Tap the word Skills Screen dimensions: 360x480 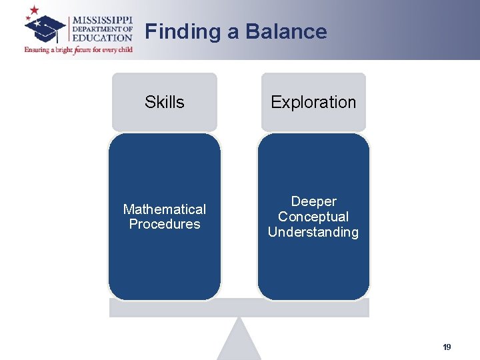pyautogui.click(x=165, y=102)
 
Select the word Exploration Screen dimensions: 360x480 pyautogui.click(x=313, y=102)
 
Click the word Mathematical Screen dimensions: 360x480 pyautogui.click(x=165, y=209)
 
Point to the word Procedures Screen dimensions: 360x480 pyautogui.click(x=165, y=224)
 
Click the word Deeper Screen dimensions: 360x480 pyautogui.click(x=313, y=201)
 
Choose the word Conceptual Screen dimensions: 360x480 pyautogui.click(x=313, y=217)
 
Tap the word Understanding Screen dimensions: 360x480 pyautogui.click(x=313, y=232)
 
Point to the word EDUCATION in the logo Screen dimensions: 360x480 pyautogui.click(x=102, y=38)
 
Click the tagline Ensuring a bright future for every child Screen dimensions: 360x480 pyautogui.click(x=79, y=50)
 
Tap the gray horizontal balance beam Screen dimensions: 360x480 pyautogui.click(x=239, y=308)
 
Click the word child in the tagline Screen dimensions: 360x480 pyautogui.click(x=125, y=50)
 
